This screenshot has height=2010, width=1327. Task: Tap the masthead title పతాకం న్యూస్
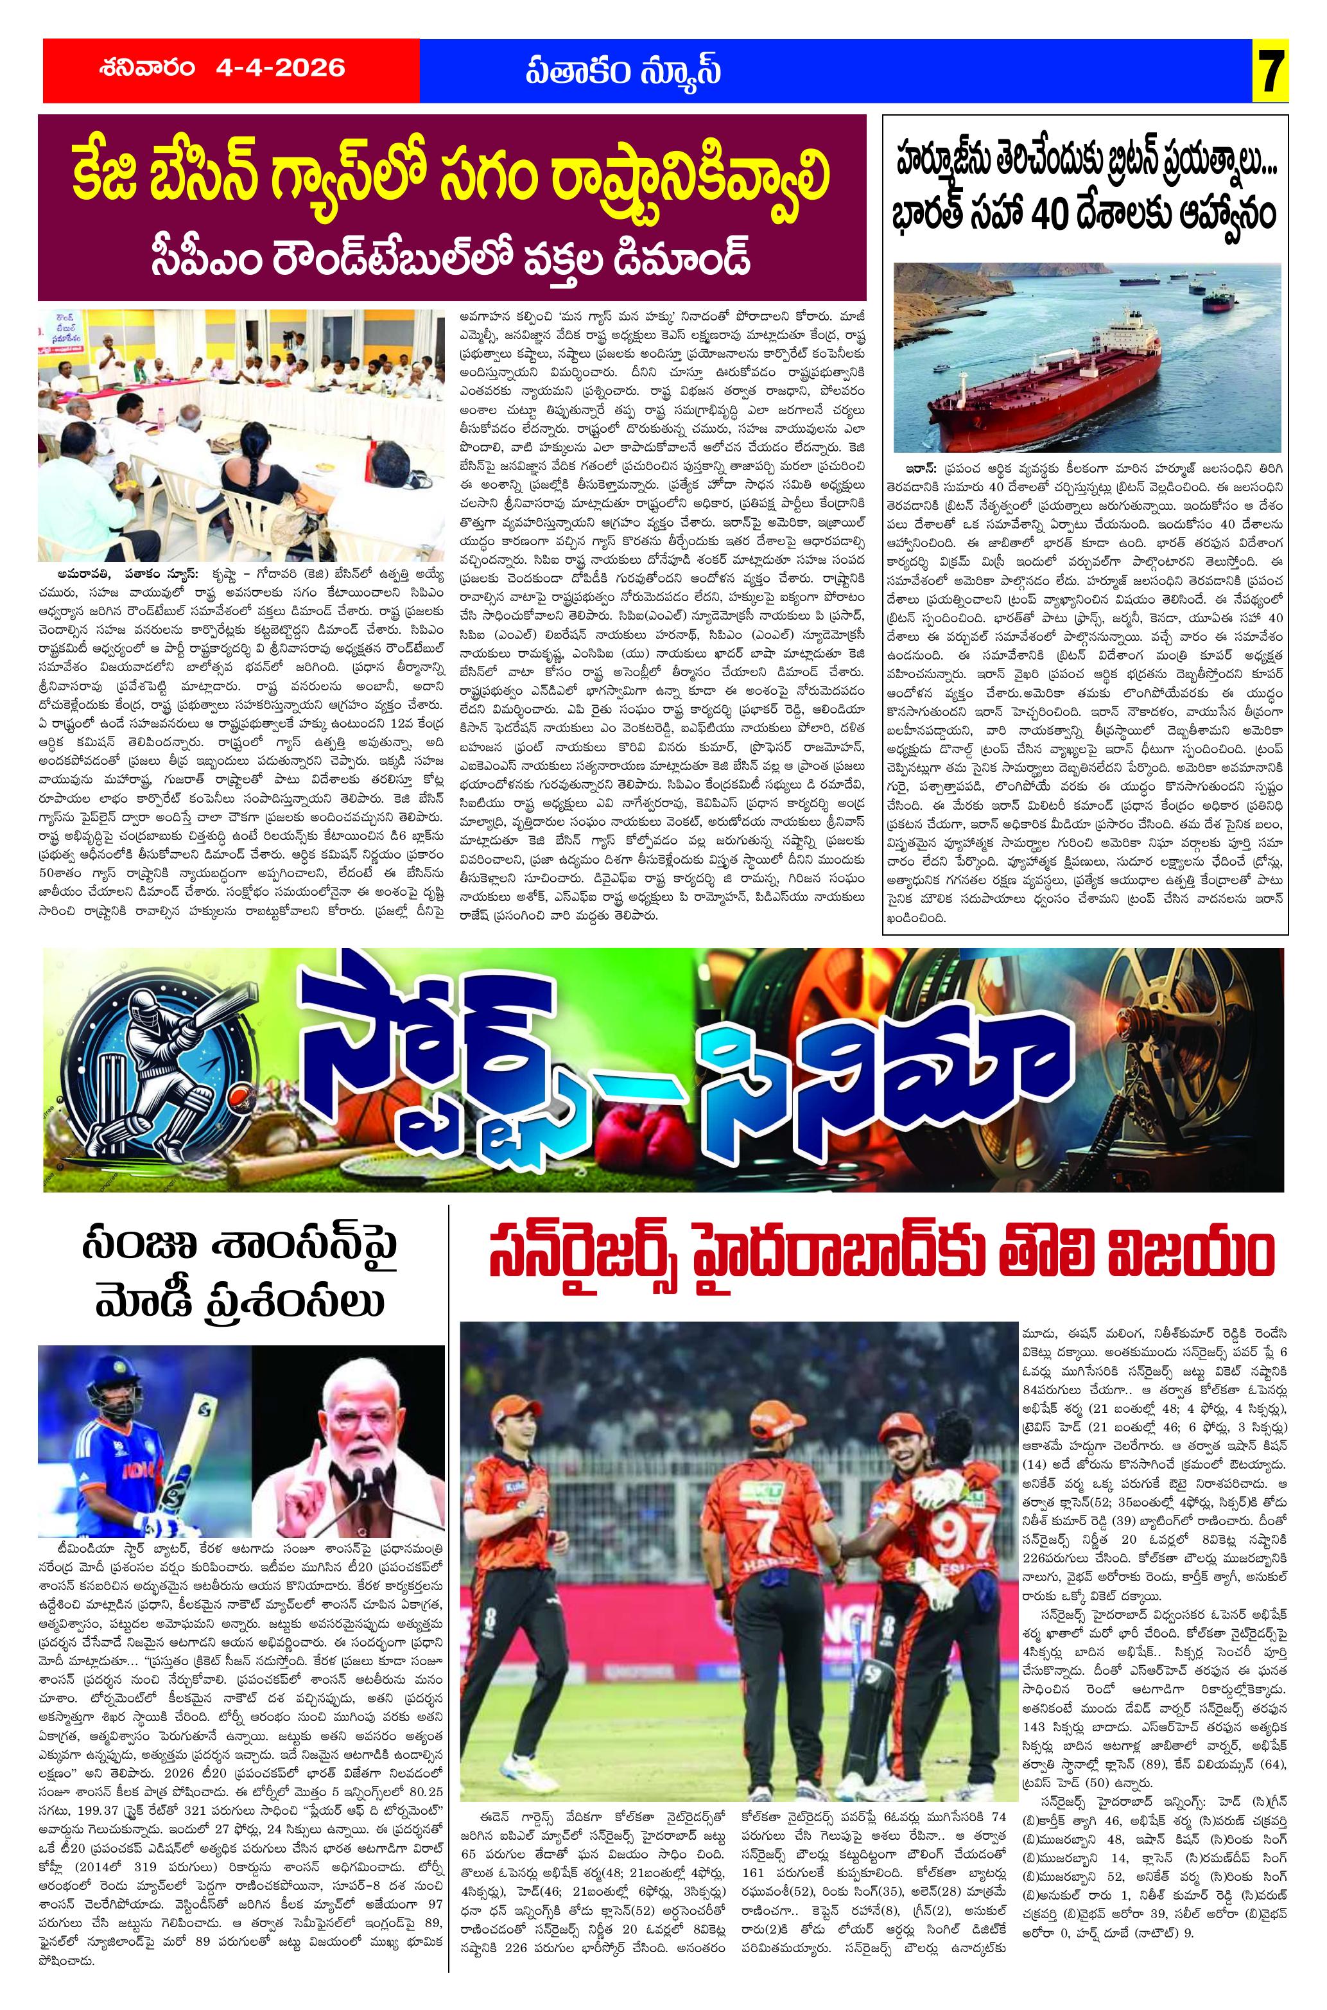pyautogui.click(x=621, y=70)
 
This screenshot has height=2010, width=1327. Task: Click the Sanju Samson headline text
pyautogui.click(x=241, y=1279)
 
